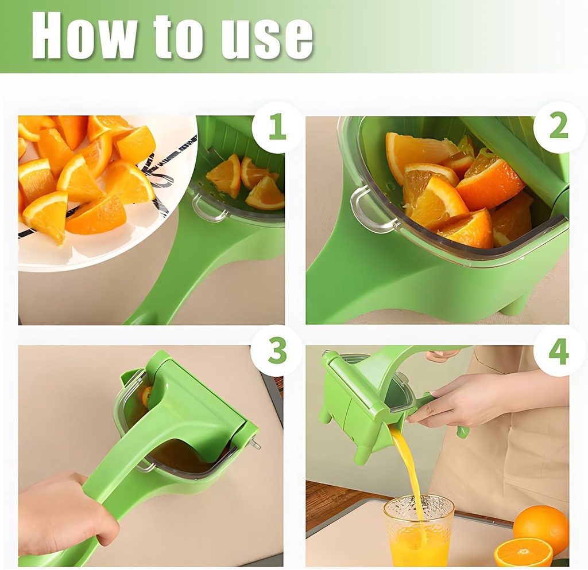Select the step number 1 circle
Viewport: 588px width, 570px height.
pos(277,127)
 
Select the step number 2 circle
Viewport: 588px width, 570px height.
pos(559,127)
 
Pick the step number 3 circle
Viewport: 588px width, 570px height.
pos(277,351)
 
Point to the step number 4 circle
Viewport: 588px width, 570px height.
pos(559,351)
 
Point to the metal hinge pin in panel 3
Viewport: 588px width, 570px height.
pos(255,443)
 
